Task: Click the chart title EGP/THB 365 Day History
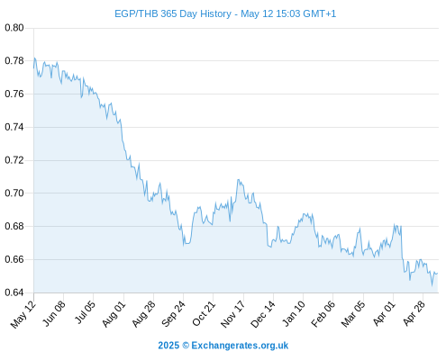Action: [173, 13]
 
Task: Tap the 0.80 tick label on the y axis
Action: [14, 28]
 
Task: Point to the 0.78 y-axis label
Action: [14, 61]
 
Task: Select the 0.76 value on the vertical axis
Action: [14, 94]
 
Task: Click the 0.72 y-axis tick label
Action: [14, 160]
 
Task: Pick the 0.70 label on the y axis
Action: [14, 193]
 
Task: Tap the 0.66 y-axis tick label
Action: [14, 259]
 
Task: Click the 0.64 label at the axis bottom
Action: [14, 292]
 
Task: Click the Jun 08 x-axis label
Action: [53, 314]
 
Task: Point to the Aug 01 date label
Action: [114, 314]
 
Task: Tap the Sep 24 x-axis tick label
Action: [173, 314]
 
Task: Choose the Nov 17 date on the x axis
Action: [232, 314]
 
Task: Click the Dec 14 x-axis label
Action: [263, 314]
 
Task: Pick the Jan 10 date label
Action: [293, 314]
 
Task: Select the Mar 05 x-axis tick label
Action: [353, 314]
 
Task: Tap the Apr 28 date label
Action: [414, 313]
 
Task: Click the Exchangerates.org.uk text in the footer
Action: [240, 346]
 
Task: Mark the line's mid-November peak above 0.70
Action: [239, 180]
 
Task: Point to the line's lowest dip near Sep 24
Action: [184, 245]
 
